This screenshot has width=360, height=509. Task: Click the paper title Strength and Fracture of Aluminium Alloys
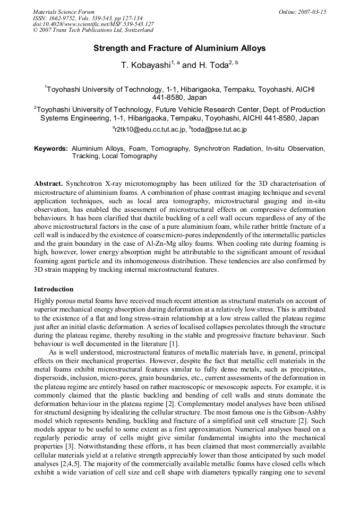[179, 48]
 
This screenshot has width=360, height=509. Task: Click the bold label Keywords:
[51, 149]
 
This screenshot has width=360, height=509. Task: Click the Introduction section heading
[54, 289]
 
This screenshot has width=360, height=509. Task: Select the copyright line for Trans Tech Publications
[93, 30]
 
